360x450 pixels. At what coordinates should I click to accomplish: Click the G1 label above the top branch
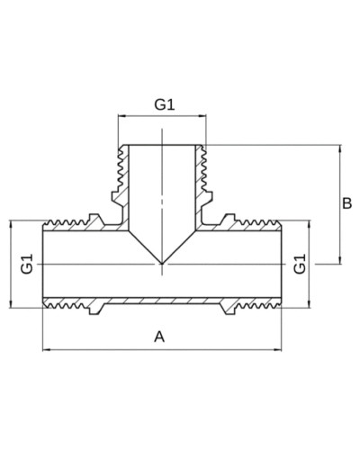(x=165, y=104)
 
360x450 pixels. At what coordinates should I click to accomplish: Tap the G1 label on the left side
(x=26, y=264)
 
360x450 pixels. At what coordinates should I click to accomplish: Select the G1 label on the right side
(x=300, y=264)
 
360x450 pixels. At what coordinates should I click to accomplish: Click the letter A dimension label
(x=159, y=337)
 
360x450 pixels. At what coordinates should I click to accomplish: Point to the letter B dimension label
(x=347, y=203)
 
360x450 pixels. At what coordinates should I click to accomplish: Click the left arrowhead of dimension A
(x=46, y=349)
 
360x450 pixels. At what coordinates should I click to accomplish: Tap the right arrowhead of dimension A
(x=278, y=349)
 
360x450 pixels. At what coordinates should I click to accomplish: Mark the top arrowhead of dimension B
(x=340, y=148)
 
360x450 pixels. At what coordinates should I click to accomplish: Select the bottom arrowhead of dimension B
(x=340, y=260)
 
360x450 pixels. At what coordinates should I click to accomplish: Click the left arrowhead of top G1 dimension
(x=121, y=115)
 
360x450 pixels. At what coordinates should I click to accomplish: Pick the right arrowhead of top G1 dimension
(x=202, y=115)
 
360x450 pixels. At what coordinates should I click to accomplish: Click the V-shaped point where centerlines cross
(x=162, y=264)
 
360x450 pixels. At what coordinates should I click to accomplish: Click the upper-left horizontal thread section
(x=66, y=223)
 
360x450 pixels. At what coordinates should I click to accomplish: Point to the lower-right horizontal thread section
(x=258, y=306)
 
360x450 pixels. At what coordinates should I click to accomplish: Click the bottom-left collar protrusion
(x=95, y=309)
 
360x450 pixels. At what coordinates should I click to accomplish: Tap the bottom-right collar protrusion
(x=229, y=309)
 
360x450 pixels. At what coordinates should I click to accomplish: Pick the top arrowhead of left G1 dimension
(x=11, y=224)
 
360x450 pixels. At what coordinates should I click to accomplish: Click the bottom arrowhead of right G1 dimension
(x=309, y=304)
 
